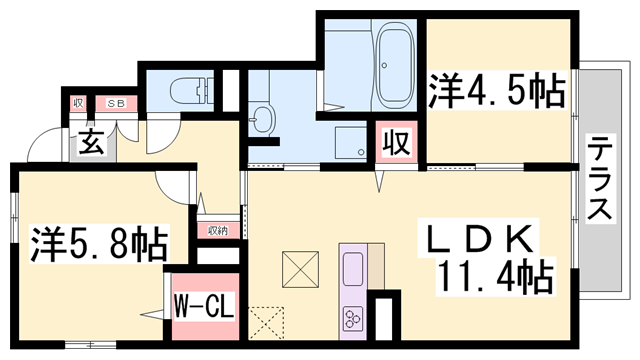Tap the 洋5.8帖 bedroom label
pyautogui.click(x=97, y=243)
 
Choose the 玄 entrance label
pyautogui.click(x=92, y=142)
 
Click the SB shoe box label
pyautogui.click(x=116, y=103)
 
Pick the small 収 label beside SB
pyautogui.click(x=79, y=103)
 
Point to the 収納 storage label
pyautogui.click(x=218, y=231)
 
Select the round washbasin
pyautogui.click(x=262, y=117)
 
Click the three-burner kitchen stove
pyautogui.click(x=354, y=319)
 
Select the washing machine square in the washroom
pyautogui.click(x=351, y=142)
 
